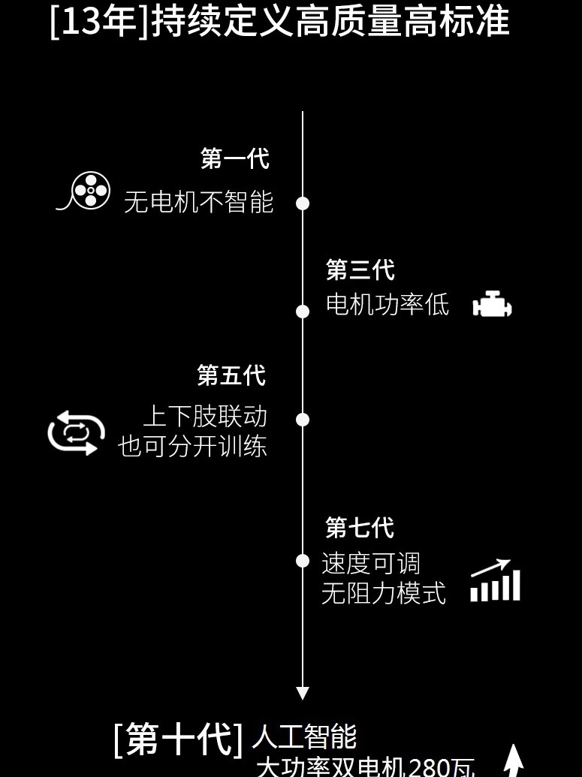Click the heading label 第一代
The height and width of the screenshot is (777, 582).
tap(234, 158)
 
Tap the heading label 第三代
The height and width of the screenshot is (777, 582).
tap(360, 270)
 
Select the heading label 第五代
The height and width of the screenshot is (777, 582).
tap(231, 375)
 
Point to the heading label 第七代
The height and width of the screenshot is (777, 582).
tap(360, 527)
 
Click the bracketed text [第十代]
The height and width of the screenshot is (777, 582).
tap(178, 739)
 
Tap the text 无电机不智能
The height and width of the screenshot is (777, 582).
tap(198, 202)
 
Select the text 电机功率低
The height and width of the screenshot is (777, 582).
tap(387, 305)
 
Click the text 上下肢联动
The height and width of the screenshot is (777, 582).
tap(205, 416)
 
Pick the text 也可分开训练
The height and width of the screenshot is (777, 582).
tap(192, 447)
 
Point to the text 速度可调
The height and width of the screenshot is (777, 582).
tap(371, 563)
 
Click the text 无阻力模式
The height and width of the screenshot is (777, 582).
tap(383, 594)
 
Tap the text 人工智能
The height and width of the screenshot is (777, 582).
tap(304, 737)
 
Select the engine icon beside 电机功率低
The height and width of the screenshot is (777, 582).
tap(493, 305)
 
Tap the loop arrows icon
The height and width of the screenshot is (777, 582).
tap(73, 432)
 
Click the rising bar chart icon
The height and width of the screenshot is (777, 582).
tap(496, 580)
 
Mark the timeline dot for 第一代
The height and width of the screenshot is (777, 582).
tap(303, 203)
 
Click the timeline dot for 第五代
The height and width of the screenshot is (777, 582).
tap(303, 420)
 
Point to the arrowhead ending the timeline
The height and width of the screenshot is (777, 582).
tap(303, 693)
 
